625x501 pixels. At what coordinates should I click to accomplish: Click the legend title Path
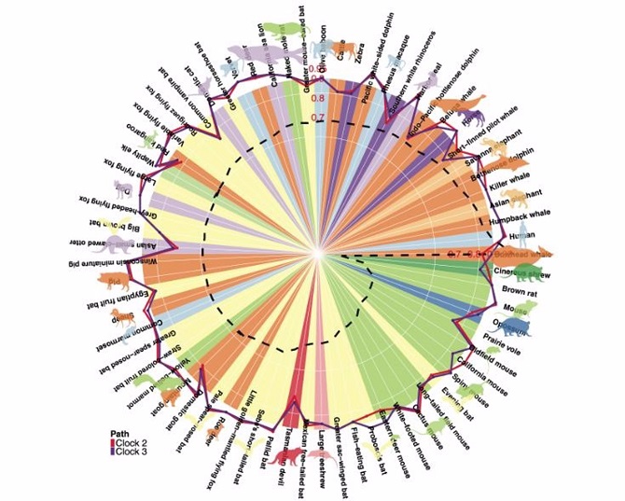118,433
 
